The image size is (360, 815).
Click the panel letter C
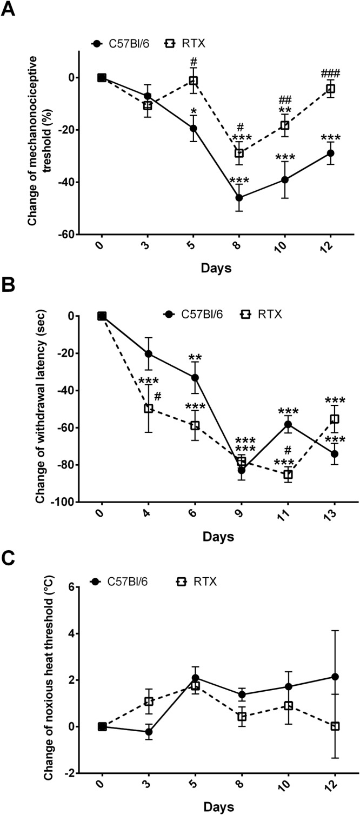tap(9, 556)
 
